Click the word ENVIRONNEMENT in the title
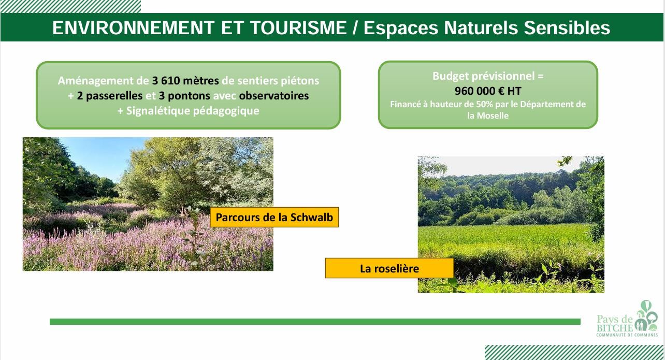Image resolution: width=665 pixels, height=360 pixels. click(133, 27)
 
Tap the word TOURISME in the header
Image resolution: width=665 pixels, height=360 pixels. click(299, 27)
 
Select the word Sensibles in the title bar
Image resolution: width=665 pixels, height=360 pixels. click(567, 27)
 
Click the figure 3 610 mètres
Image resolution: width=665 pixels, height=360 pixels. click(185, 80)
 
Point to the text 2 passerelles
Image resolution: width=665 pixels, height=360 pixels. click(110, 96)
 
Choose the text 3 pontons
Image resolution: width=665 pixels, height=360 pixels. click(184, 96)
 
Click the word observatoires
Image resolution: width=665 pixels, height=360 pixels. click(274, 96)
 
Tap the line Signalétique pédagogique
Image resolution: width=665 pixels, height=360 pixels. click(193, 111)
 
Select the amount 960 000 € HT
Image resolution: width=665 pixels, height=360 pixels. click(488, 91)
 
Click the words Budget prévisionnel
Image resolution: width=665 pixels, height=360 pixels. click(484, 76)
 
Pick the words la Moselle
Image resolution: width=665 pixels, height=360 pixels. click(488, 116)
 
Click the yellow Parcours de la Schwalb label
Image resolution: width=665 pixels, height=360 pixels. click(274, 217)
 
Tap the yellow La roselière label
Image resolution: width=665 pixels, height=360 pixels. click(389, 268)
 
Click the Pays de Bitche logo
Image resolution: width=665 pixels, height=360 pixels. click(627, 319)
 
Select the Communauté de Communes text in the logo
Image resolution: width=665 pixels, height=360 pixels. click(627, 335)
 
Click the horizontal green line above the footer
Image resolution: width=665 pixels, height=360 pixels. click(315, 322)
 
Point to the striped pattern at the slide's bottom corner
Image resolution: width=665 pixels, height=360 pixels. click(575, 352)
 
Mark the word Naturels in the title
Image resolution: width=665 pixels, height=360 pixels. click(481, 27)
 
